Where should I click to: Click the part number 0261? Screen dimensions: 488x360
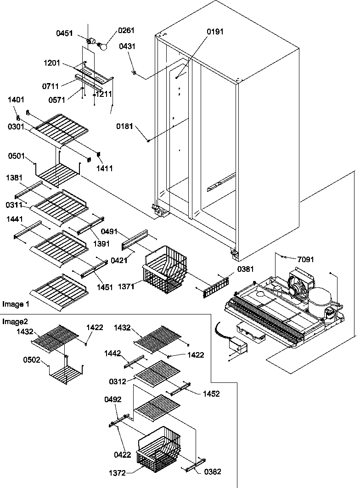(x=126, y=31)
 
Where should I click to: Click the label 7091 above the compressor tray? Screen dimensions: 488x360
(x=305, y=259)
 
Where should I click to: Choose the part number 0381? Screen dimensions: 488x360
(x=245, y=269)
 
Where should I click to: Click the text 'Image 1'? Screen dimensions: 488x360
(x=16, y=304)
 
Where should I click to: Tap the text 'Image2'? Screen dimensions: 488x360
(x=14, y=321)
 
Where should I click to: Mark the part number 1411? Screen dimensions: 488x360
(x=104, y=168)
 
